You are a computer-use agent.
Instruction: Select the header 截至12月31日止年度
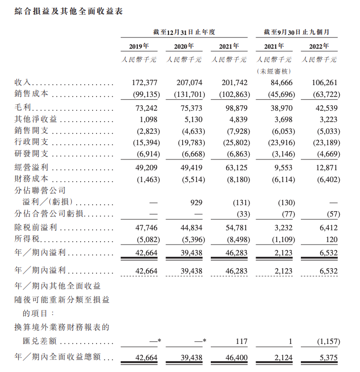184,32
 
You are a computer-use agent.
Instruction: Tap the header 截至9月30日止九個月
296,32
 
